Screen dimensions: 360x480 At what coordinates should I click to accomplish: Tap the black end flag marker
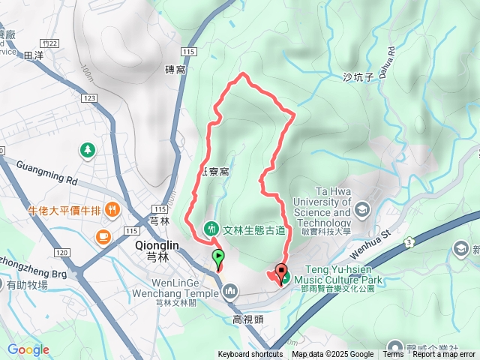tap(282, 271)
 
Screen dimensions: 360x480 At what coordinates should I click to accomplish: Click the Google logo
tap(28, 349)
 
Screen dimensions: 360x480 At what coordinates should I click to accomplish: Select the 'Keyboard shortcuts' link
tap(250, 355)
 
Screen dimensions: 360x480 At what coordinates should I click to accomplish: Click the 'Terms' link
tap(392, 355)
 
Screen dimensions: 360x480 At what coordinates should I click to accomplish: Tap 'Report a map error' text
tap(445, 355)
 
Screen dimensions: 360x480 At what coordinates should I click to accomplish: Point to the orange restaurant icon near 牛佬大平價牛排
tap(112, 208)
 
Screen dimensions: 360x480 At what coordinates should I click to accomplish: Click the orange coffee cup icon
tap(101, 237)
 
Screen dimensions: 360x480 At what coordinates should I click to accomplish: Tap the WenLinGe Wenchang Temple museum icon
tap(230, 289)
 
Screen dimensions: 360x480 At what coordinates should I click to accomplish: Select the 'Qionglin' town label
tap(157, 245)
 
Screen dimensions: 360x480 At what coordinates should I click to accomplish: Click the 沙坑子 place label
tap(358, 77)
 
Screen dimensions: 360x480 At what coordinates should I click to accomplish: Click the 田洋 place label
tap(34, 55)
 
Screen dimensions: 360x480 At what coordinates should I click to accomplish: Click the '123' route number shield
tap(90, 98)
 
